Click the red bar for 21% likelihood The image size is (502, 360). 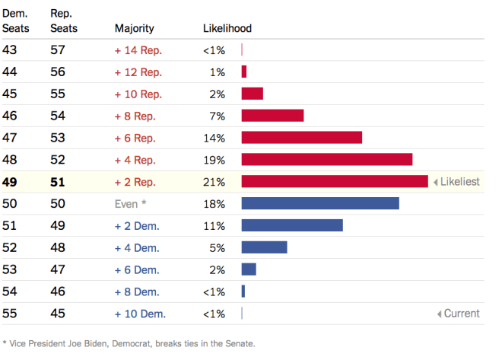click(x=335, y=182)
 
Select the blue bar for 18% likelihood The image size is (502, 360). click(x=320, y=203)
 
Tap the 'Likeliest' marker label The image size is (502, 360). click(x=460, y=182)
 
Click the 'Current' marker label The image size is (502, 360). click(x=462, y=314)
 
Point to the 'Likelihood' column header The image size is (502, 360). click(x=227, y=28)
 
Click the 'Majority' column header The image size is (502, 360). click(x=134, y=28)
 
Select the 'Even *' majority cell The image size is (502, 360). click(x=130, y=204)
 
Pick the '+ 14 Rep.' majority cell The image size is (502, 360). click(x=138, y=50)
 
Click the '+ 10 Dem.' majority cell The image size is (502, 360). click(x=140, y=314)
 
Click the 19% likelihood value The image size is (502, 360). click(x=214, y=160)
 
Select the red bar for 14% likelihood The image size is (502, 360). click(x=301, y=138)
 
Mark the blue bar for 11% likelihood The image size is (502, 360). click(x=292, y=225)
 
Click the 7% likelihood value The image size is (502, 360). click(x=217, y=116)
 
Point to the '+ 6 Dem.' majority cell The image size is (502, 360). click(x=137, y=269)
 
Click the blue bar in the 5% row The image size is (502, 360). click(x=264, y=247)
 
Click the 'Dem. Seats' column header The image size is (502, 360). click(x=15, y=21)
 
